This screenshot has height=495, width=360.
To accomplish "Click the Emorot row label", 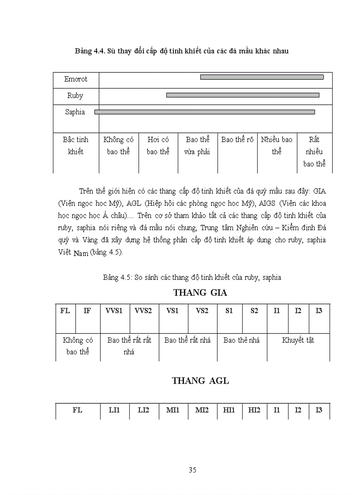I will (76, 79).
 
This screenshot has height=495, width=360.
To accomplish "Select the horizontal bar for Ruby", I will (242, 95).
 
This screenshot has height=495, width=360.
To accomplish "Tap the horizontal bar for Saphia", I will (205, 112).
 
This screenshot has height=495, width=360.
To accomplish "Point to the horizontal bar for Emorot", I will (262, 77).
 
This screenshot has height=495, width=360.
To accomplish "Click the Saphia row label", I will (75, 112).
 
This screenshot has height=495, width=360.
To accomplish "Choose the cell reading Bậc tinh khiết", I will (75, 146).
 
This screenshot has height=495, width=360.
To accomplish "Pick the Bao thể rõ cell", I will (237, 140).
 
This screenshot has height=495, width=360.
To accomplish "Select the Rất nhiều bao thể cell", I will (314, 152).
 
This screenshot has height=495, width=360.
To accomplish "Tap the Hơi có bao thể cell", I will (158, 146).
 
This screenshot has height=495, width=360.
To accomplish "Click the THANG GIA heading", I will (200, 293).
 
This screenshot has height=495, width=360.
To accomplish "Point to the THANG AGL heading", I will (200, 381).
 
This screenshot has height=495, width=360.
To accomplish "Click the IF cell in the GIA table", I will (87, 311).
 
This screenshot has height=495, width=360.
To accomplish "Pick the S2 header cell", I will (254, 311).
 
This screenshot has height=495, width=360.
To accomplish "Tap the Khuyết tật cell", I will (298, 340).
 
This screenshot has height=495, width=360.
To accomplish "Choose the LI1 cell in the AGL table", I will (114, 410).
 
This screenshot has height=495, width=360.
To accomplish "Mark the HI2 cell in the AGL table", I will (254, 410).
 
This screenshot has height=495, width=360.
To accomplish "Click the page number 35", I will (192, 470).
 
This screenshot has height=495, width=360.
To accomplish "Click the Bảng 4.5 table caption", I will (192, 278).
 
